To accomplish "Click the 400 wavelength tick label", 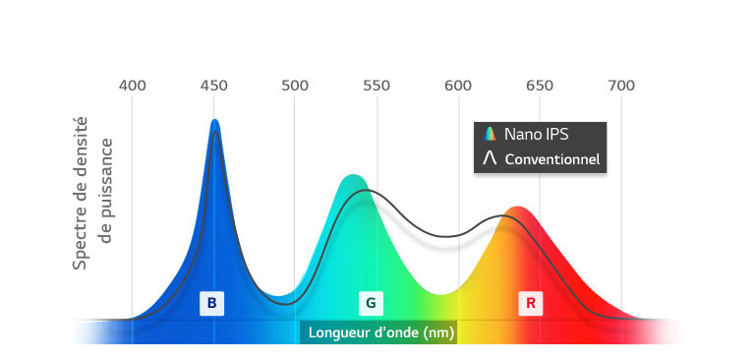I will click(x=133, y=86).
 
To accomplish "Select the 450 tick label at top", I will click(x=214, y=86).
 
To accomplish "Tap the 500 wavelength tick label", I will click(x=296, y=86).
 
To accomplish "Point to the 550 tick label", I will click(x=377, y=86).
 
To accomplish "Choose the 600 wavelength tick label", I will click(x=458, y=86).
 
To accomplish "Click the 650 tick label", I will click(x=540, y=86).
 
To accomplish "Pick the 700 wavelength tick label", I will click(x=621, y=86).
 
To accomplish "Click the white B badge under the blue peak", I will click(x=211, y=303).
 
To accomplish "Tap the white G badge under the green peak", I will click(x=371, y=303).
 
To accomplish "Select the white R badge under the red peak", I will click(x=530, y=303).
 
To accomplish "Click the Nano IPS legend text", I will click(x=537, y=134).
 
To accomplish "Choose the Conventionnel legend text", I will click(x=552, y=158).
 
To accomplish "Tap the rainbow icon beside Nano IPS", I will click(x=489, y=134).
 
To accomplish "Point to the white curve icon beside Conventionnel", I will click(x=489, y=158).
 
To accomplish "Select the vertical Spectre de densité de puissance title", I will click(x=94, y=194).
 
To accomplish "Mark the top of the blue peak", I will click(x=214, y=122).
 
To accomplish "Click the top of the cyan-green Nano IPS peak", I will click(x=352, y=177).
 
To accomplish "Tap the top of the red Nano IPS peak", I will click(x=518, y=209).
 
